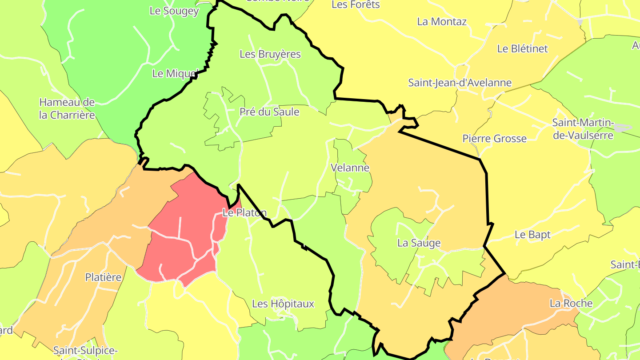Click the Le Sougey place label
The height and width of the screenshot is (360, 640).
174,11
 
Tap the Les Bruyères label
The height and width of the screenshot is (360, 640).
270,54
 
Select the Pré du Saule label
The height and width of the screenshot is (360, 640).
269,112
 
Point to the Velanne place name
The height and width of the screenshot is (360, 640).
350,168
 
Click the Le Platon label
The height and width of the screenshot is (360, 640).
244,213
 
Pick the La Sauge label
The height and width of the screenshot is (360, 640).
419,243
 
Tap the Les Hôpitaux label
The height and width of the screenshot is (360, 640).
283,304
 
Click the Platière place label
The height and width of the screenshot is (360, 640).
104,277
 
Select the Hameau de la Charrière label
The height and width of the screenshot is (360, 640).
67,108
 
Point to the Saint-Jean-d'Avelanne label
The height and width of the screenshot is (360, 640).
460,83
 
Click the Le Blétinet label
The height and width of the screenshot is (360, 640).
523,49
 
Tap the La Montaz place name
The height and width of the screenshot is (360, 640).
442,21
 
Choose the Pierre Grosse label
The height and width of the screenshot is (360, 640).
495,139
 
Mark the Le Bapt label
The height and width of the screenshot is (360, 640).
532,235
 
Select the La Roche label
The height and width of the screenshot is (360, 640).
571,303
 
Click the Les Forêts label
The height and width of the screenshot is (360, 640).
356,5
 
